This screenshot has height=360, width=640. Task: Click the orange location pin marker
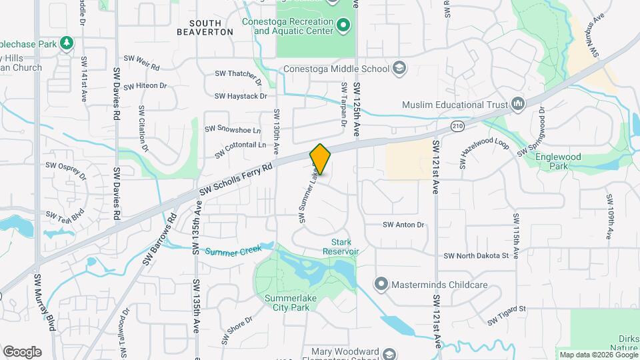click(321, 159)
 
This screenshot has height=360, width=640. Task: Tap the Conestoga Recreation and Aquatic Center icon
click(343, 26)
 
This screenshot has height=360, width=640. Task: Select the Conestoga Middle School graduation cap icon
click(399, 68)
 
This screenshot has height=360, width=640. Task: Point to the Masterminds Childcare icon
click(381, 285)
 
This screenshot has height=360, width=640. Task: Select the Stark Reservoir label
click(341, 247)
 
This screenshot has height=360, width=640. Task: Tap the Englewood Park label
click(559, 162)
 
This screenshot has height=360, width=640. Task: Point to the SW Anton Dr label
click(403, 225)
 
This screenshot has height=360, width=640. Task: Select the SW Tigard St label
click(507, 315)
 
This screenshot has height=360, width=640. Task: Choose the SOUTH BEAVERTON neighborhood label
click(205, 27)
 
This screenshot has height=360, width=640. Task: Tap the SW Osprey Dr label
click(66, 171)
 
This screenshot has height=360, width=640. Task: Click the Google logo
click(22, 351)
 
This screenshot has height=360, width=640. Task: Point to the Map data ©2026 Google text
click(598, 355)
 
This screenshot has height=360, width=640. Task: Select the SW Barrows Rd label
click(159, 239)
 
